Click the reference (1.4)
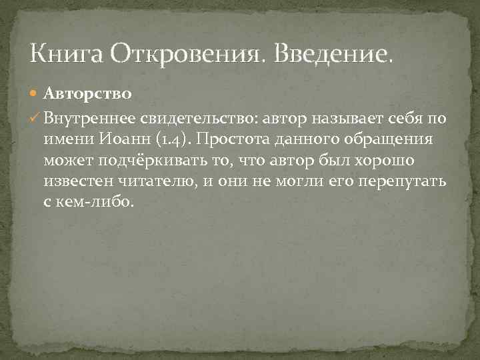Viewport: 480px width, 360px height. point(171,141)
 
